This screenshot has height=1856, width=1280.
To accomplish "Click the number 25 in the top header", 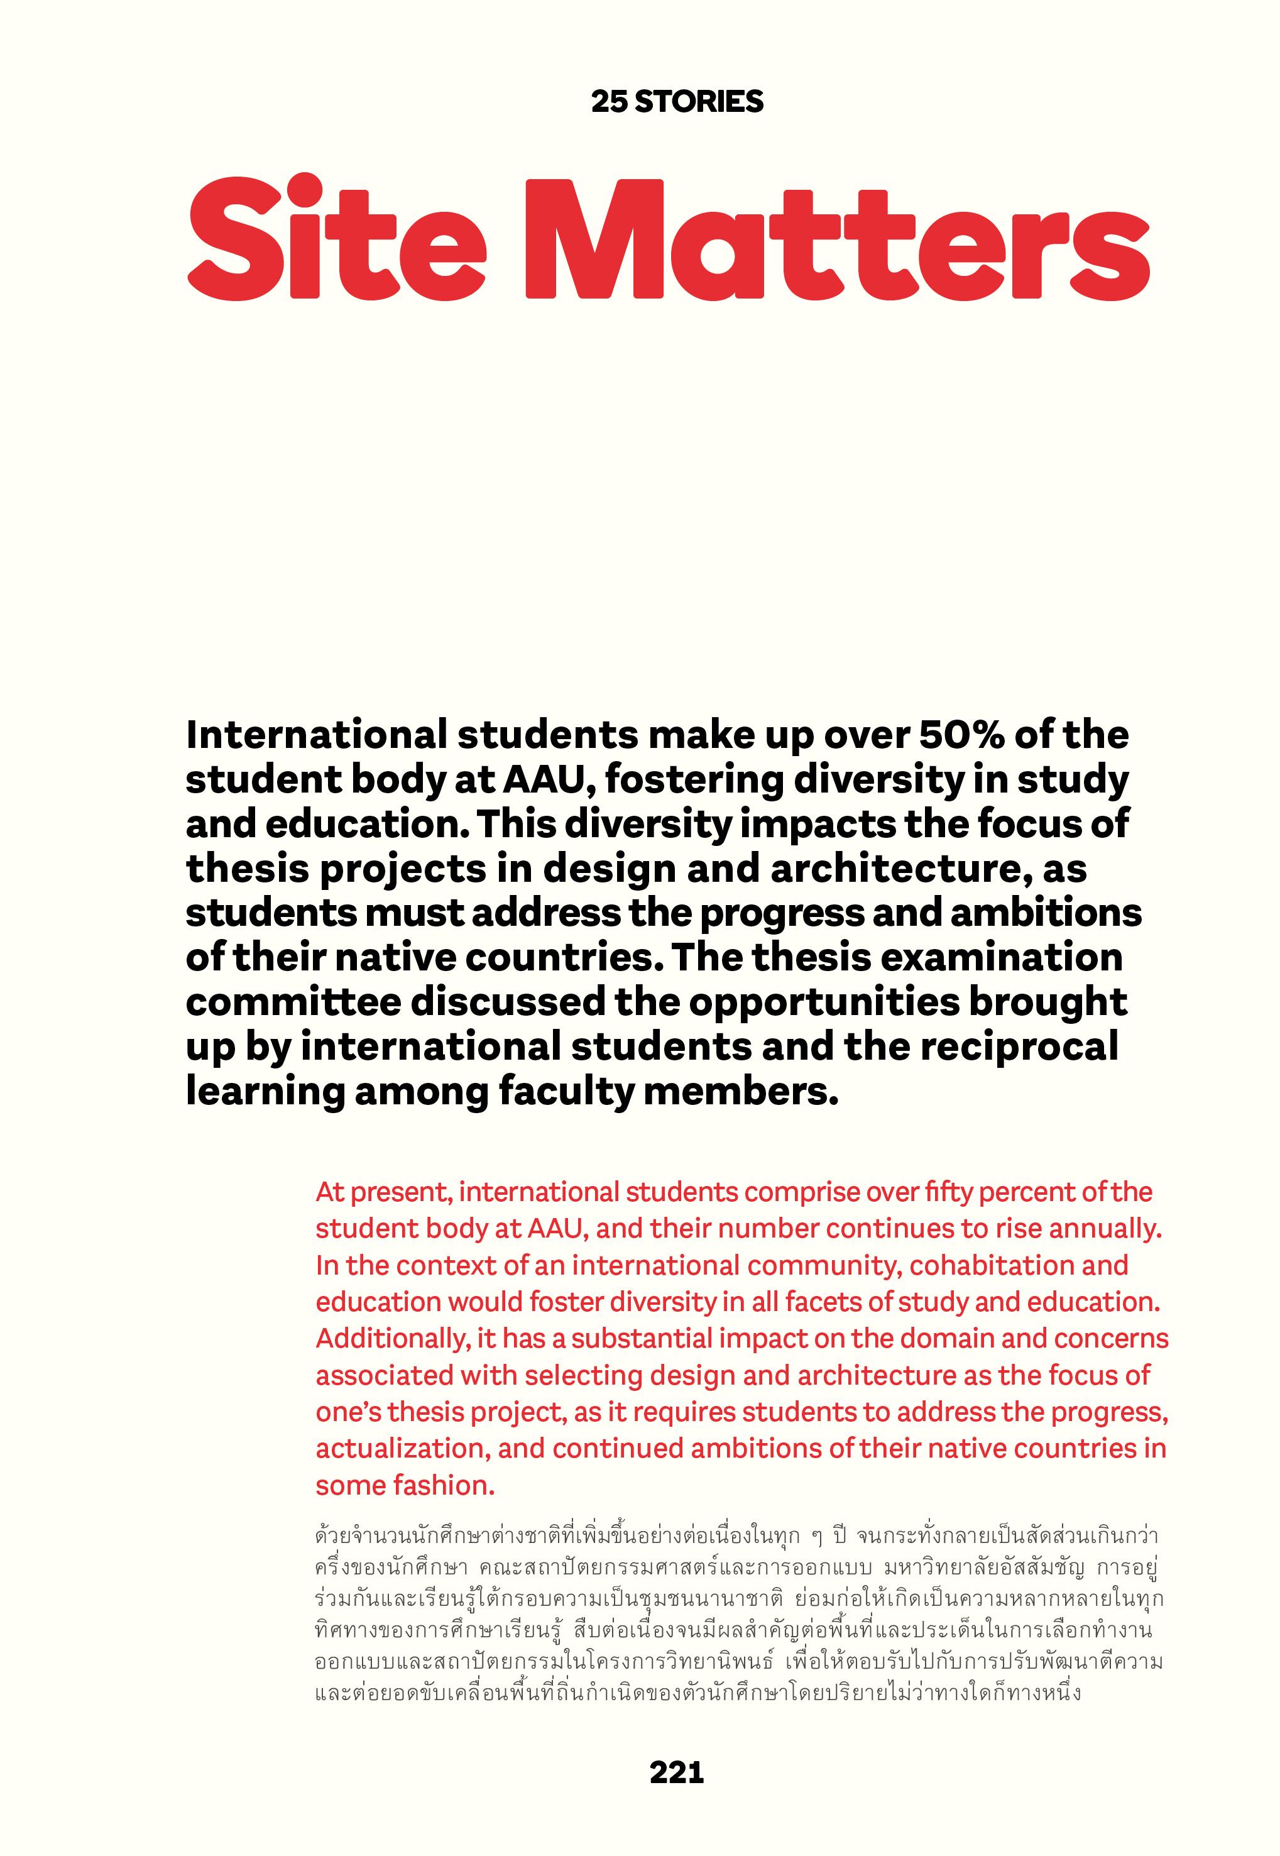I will click(x=609, y=102).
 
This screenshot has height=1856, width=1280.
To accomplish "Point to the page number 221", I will click(x=677, y=1772).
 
